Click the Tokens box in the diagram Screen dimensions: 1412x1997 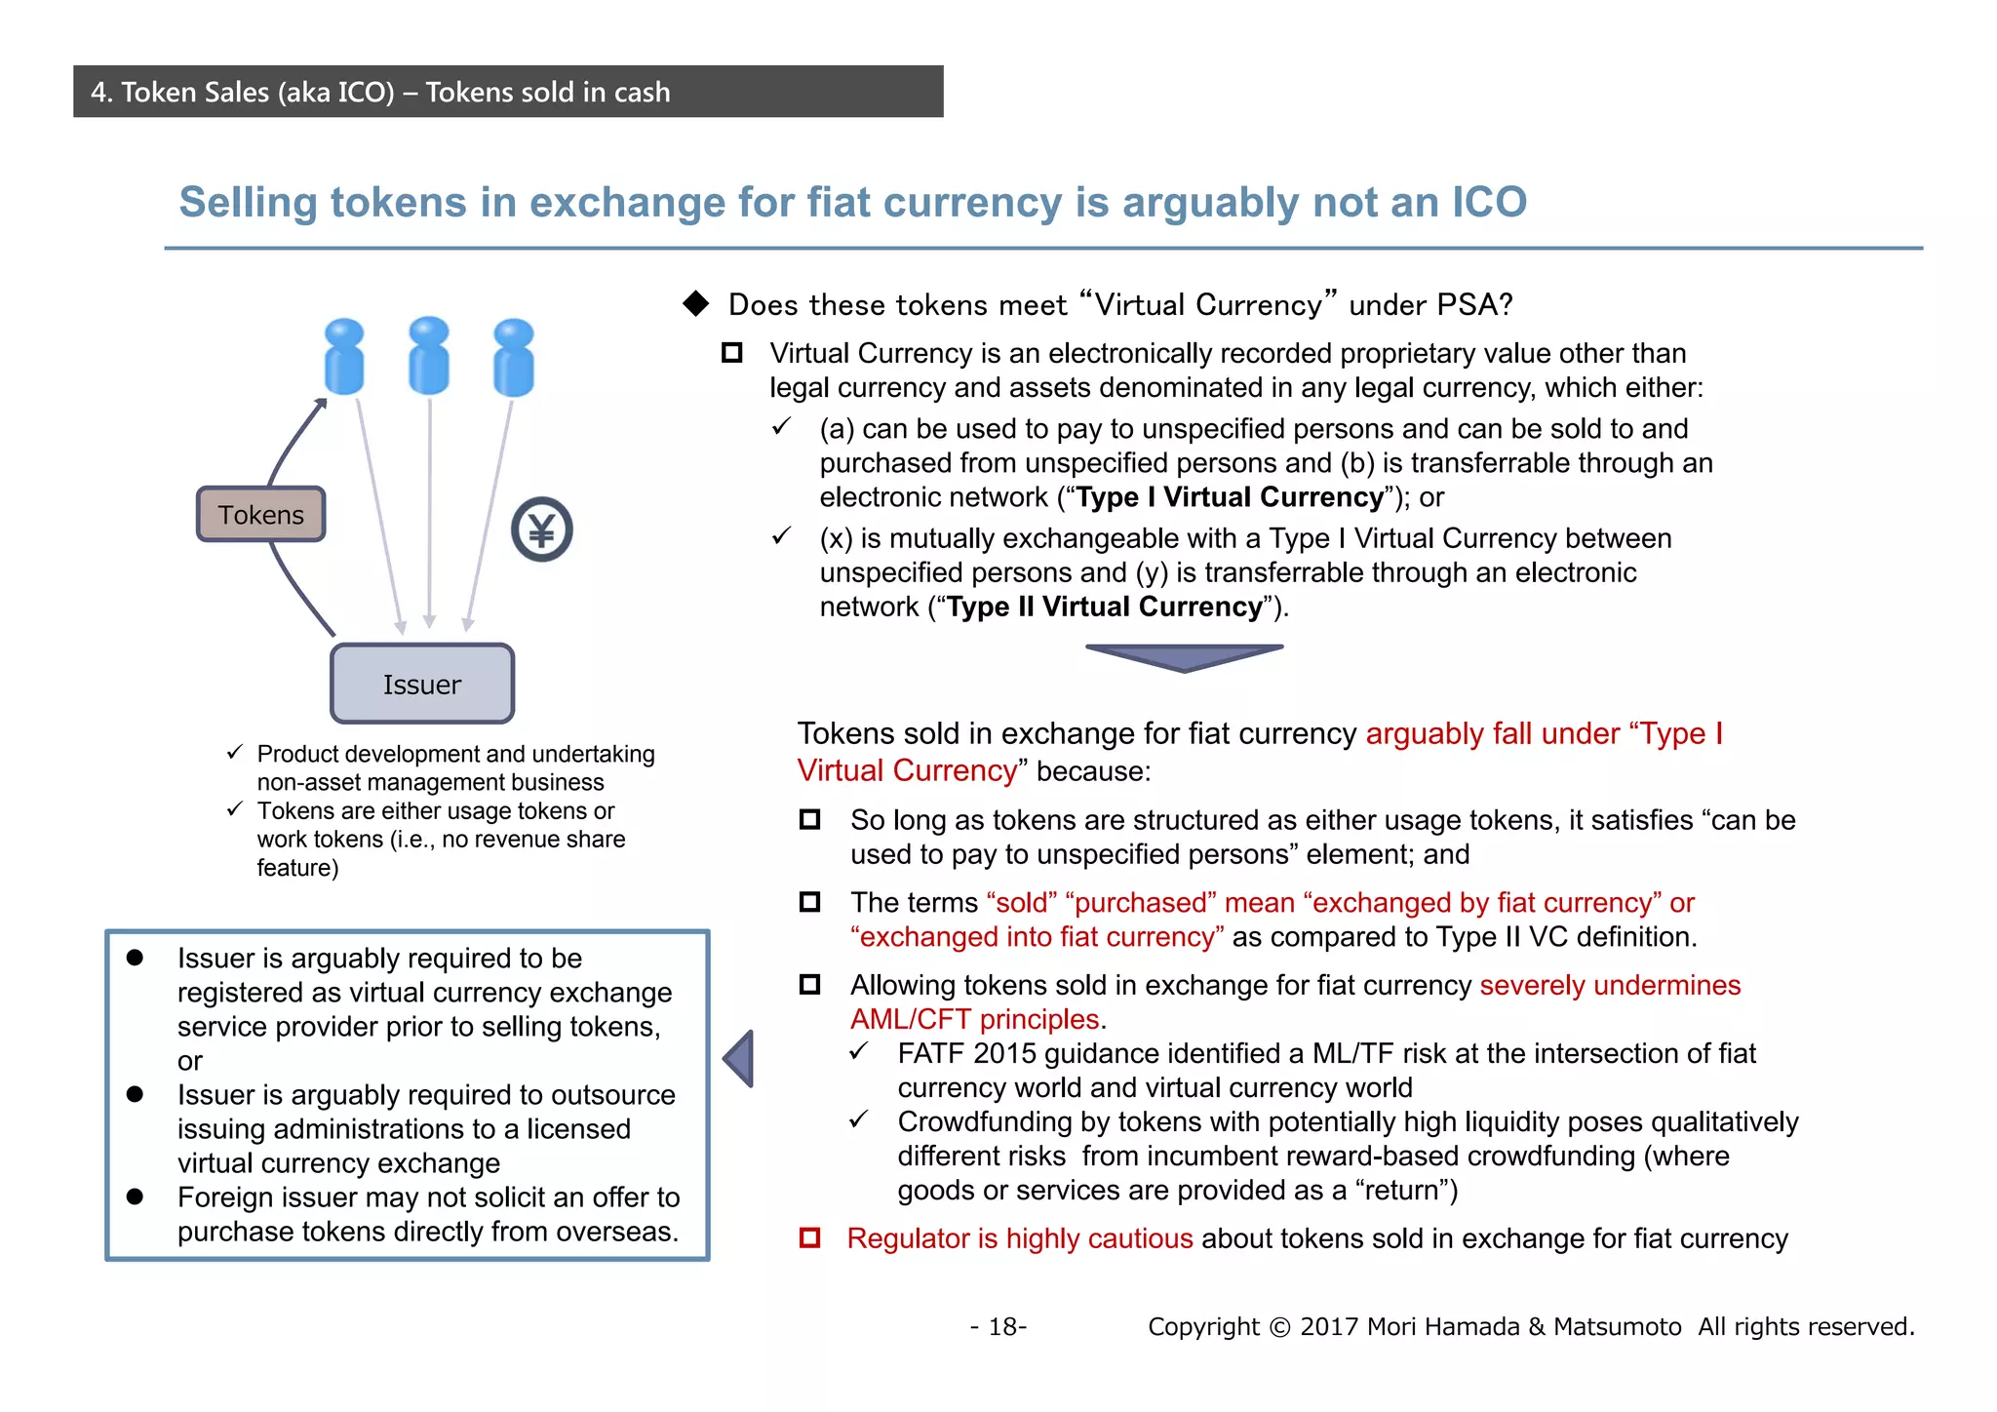point(260,514)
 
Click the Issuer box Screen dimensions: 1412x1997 point(421,684)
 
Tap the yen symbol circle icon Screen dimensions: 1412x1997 point(541,529)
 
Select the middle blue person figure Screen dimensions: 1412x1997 point(429,356)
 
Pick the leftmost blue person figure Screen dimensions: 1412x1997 point(343,357)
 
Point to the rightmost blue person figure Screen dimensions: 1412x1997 point(514,358)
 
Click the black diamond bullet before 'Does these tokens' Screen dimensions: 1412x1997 point(696,303)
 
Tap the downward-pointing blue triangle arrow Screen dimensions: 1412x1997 point(1184,657)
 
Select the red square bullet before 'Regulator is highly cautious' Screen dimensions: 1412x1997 point(809,1237)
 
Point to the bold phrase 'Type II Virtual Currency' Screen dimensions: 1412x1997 point(1104,607)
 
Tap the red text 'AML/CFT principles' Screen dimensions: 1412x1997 point(975,1019)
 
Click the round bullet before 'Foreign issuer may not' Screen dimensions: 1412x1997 point(136,1196)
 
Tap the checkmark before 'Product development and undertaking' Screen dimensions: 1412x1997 point(234,752)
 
